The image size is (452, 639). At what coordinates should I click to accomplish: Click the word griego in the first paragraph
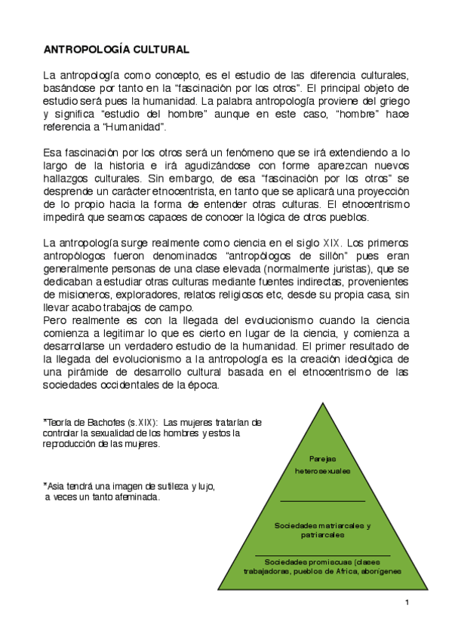click(x=391, y=100)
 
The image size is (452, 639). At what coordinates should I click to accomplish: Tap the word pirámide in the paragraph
click(x=98, y=371)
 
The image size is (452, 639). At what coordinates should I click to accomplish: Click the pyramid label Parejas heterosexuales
click(x=323, y=464)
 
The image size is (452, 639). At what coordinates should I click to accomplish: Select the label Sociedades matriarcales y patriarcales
click(x=322, y=529)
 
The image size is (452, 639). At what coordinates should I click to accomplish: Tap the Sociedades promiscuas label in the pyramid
click(x=322, y=567)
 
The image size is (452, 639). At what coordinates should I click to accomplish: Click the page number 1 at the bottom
click(x=406, y=602)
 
